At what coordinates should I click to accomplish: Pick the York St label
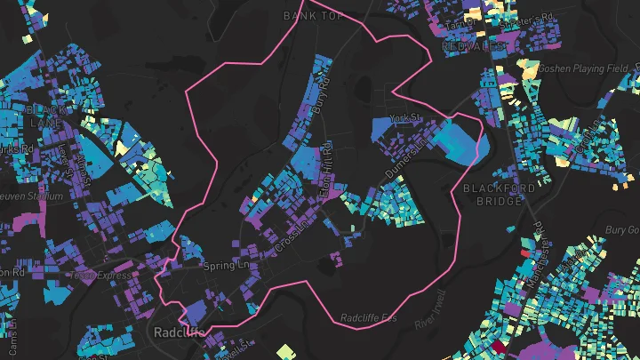pyautogui.click(x=404, y=117)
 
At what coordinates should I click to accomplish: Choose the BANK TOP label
pyautogui.click(x=312, y=15)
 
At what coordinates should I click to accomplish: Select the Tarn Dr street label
pyautogui.click(x=460, y=22)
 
